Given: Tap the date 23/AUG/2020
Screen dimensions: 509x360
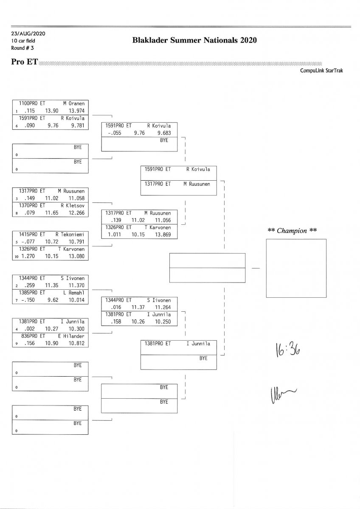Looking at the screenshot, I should [x=28, y=34].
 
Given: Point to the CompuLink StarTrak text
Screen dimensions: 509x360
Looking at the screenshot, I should [x=321, y=71].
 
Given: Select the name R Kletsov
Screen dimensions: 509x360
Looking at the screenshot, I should [x=73, y=205].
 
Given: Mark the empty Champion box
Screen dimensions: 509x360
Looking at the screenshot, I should [x=296, y=268].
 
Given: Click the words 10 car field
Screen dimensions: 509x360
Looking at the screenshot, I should [x=23, y=41].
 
